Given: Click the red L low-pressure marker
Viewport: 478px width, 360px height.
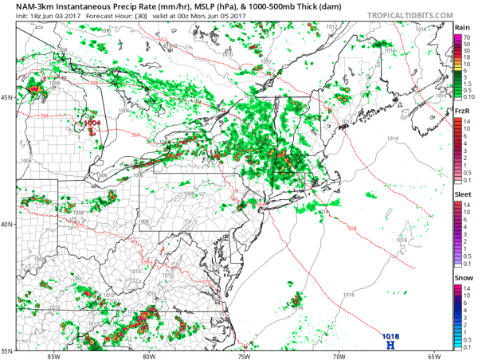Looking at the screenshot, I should pyautogui.click(x=91, y=132).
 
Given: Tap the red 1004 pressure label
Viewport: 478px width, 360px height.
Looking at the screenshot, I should pyautogui.click(x=92, y=123).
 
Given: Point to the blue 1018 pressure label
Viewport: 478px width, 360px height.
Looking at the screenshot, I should pyautogui.click(x=390, y=336).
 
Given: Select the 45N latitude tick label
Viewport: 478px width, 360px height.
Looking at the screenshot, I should pyautogui.click(x=8, y=97).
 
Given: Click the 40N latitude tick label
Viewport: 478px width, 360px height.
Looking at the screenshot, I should pyautogui.click(x=8, y=224).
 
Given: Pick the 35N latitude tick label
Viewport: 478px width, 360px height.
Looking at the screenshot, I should pyautogui.click(x=8, y=350).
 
